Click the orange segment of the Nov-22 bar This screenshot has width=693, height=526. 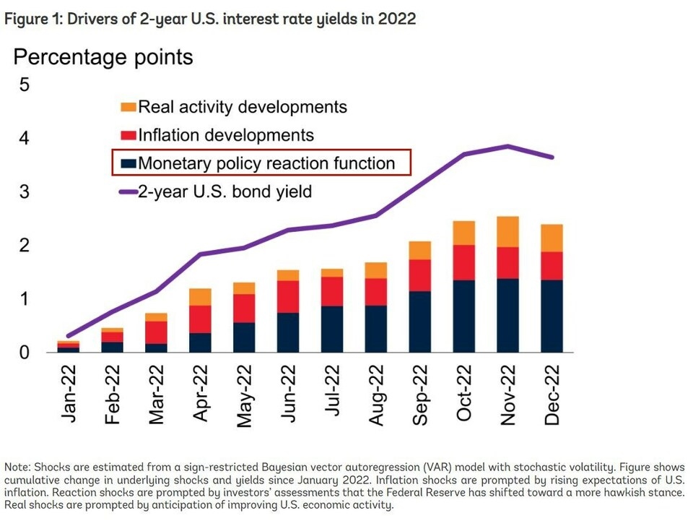point(508,232)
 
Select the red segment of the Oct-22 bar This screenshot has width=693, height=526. point(464,262)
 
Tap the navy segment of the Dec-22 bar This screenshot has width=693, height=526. point(552,316)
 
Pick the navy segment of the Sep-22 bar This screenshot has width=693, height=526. point(420,322)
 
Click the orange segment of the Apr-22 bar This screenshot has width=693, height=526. point(200,297)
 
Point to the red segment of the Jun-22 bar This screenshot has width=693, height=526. point(288,296)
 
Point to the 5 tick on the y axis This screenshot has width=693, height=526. point(25,85)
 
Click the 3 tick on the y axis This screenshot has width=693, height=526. point(25,192)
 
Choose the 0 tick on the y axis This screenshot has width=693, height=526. point(25,353)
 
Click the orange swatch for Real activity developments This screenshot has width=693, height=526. point(128,108)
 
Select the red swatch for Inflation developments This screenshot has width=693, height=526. point(128,135)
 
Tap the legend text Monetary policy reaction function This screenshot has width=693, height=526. point(266,163)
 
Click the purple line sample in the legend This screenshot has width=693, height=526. point(128,191)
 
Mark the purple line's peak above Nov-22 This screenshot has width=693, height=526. point(508,146)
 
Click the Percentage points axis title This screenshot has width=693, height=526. point(103,57)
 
